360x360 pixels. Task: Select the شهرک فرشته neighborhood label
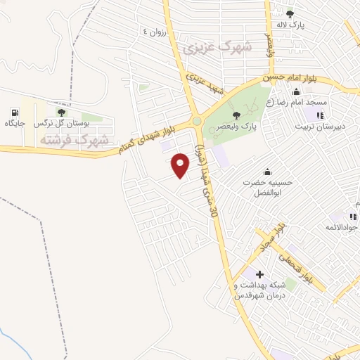click(75, 141)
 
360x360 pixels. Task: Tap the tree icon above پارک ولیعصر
click(236, 114)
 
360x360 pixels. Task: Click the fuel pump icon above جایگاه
click(15, 112)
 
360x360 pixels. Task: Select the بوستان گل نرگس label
click(65, 124)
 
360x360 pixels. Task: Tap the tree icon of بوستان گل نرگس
click(62, 112)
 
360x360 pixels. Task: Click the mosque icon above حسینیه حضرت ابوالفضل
click(266, 172)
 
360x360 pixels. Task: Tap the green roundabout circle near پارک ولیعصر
click(198, 121)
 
